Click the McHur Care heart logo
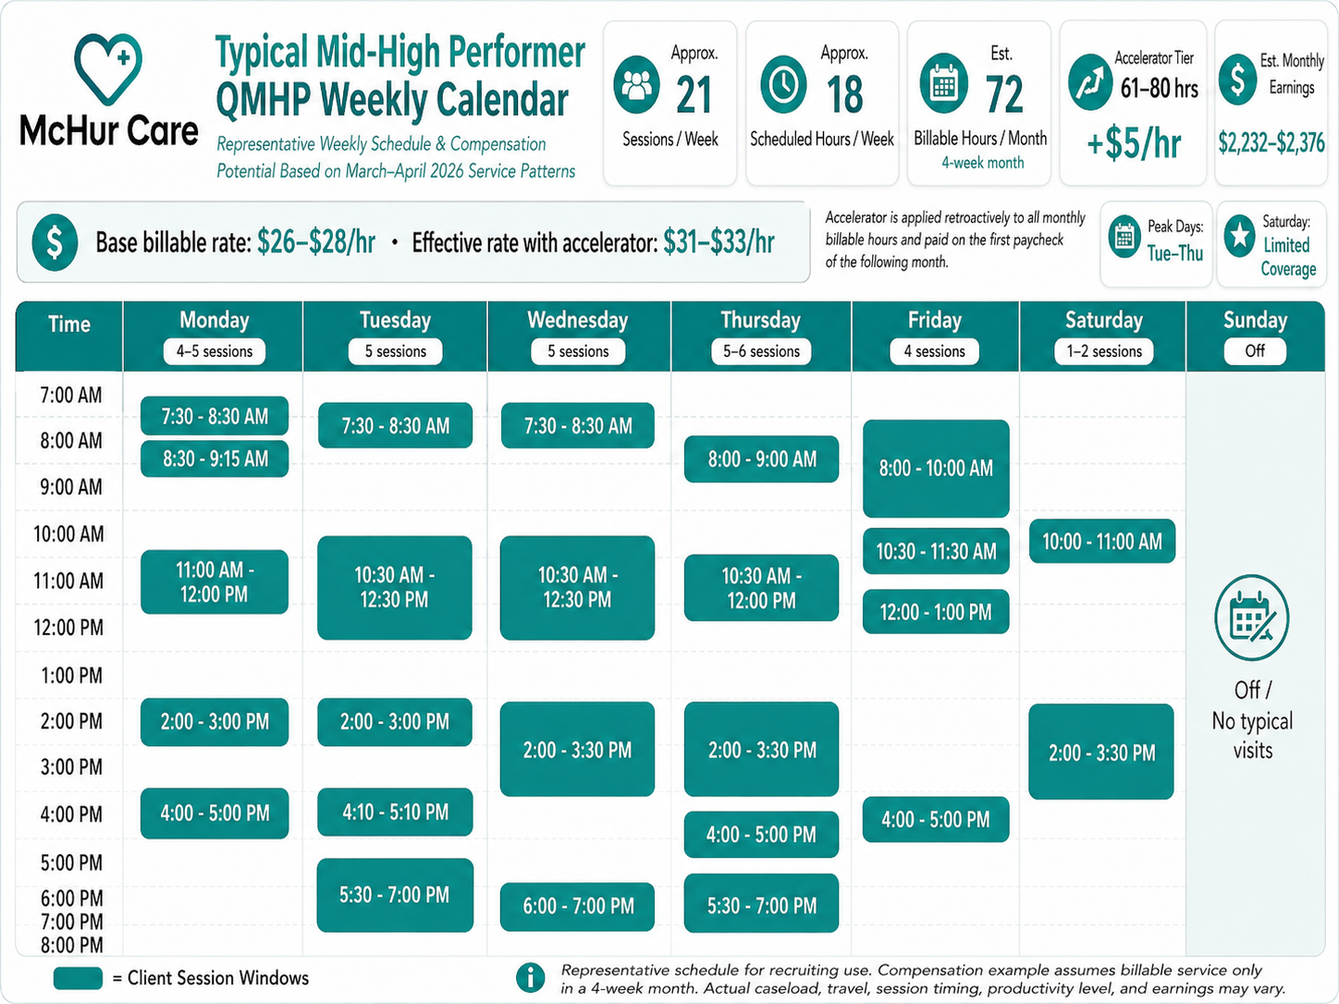(x=108, y=68)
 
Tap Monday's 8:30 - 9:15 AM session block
(x=215, y=459)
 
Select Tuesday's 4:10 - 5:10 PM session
(x=395, y=812)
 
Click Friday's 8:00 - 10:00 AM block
(x=935, y=468)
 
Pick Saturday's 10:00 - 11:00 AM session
(x=1101, y=541)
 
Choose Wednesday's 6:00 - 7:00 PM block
(x=577, y=906)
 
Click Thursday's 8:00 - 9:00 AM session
(x=761, y=459)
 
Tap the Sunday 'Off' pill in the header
(x=1254, y=350)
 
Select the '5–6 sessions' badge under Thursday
(x=761, y=351)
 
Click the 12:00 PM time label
(x=68, y=628)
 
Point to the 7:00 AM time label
(x=70, y=396)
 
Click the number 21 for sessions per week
(x=694, y=95)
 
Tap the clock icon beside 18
(x=783, y=84)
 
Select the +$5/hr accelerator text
(x=1134, y=143)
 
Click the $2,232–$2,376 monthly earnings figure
(x=1271, y=142)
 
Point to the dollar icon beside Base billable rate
(x=55, y=242)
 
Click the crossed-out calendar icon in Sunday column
(x=1251, y=618)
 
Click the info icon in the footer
(x=530, y=977)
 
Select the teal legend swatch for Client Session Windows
(x=78, y=978)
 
